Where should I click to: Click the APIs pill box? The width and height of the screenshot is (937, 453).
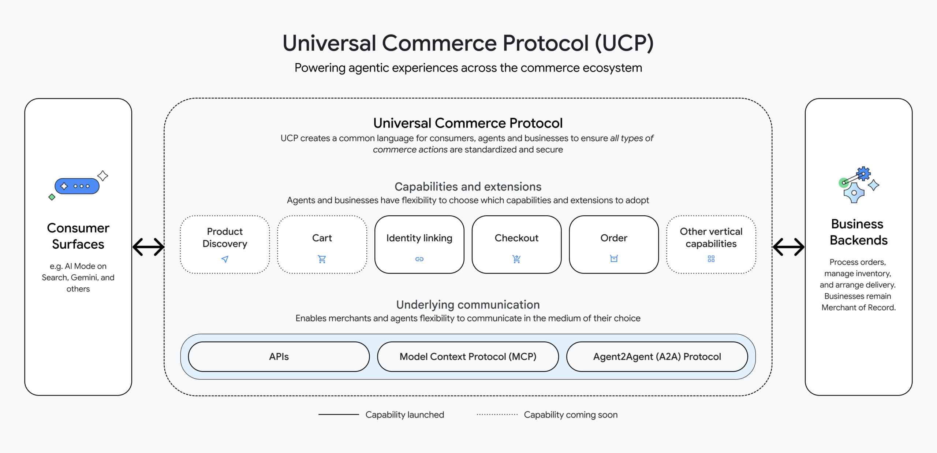tap(279, 357)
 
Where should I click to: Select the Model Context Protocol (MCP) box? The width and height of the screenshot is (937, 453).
tap(468, 357)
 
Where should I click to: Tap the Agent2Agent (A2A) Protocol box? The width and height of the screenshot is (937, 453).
tap(657, 357)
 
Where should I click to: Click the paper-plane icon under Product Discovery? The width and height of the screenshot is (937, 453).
tap(225, 259)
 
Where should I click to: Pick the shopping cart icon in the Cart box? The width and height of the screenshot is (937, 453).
tap(322, 259)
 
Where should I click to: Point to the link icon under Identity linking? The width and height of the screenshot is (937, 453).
tap(419, 259)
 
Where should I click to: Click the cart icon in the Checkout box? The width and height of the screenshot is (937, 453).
tap(516, 259)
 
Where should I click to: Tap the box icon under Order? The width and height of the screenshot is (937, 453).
tap(614, 259)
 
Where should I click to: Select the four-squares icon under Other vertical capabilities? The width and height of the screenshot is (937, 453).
tap(711, 259)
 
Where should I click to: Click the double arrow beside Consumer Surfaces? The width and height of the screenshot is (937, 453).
tap(148, 247)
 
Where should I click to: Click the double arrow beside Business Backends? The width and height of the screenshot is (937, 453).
tap(788, 247)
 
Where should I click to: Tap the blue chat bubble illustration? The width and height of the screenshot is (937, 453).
tap(77, 186)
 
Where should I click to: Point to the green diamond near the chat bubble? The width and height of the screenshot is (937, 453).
tap(52, 197)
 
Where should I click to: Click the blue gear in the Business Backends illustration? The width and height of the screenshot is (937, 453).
tap(863, 174)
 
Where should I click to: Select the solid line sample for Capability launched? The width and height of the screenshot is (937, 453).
tap(339, 415)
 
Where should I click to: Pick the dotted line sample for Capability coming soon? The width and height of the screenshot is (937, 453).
tap(497, 415)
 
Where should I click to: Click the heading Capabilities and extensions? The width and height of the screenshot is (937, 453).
tap(468, 187)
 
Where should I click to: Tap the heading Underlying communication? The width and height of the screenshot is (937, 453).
tap(468, 305)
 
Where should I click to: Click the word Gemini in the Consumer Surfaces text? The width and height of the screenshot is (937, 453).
tap(84, 278)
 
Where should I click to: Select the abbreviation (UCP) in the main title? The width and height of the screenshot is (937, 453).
tap(624, 43)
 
